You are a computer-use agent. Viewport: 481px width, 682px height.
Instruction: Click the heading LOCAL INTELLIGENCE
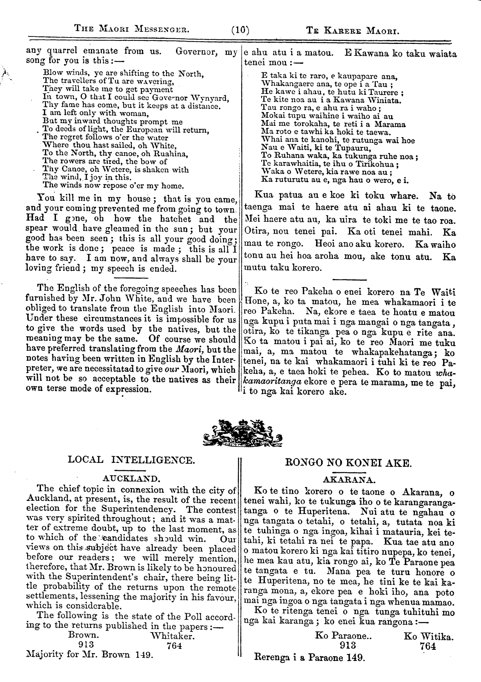[x=132, y=460]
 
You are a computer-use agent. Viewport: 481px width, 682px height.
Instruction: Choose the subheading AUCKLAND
[x=132, y=479]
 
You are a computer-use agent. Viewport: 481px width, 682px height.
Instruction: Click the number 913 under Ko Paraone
[x=348, y=645]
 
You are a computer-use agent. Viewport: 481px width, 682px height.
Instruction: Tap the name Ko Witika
[x=428, y=636]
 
